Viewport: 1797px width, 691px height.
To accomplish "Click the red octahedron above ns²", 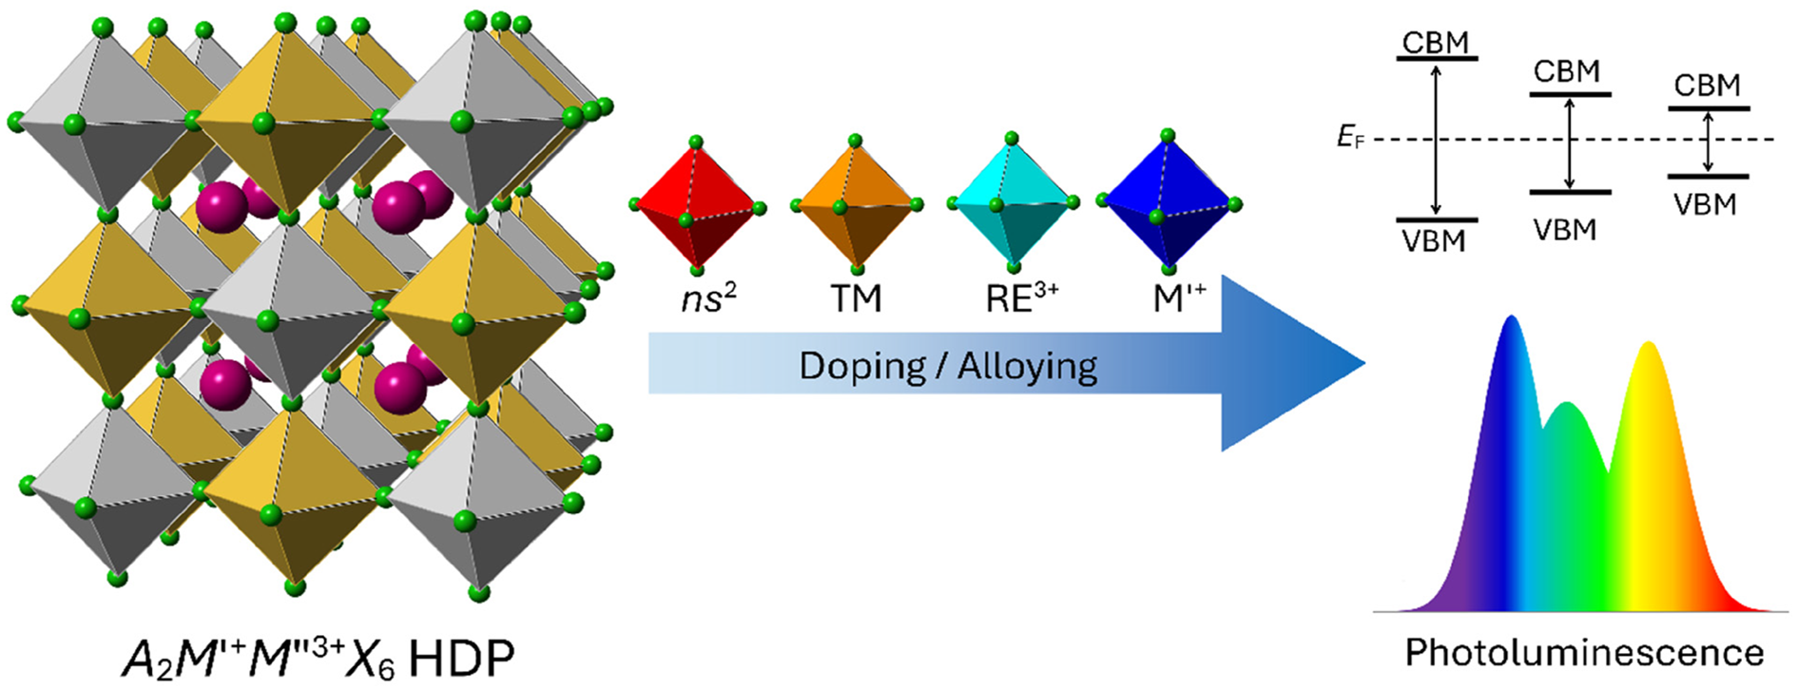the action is pyautogui.click(x=697, y=205).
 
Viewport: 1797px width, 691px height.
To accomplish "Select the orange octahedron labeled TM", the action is pyautogui.click(x=855, y=204).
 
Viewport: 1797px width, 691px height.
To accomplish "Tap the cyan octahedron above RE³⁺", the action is pyautogui.click(x=1014, y=202).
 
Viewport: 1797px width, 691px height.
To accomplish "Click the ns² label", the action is pyautogui.click(x=709, y=298).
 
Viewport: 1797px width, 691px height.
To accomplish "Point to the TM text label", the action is pyautogui.click(x=857, y=299).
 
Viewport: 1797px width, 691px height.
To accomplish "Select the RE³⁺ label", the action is pyautogui.click(x=1021, y=298).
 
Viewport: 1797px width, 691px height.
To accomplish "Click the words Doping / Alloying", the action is pyautogui.click(x=948, y=366).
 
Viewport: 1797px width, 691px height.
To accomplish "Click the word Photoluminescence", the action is pyautogui.click(x=1584, y=653).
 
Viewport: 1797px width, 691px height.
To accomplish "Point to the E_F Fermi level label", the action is pyautogui.click(x=1350, y=138).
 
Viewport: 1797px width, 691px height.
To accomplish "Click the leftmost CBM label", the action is pyautogui.click(x=1436, y=43).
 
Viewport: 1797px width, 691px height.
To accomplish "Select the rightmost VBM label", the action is pyautogui.click(x=1705, y=204).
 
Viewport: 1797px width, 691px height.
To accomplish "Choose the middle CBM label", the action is pyautogui.click(x=1567, y=71).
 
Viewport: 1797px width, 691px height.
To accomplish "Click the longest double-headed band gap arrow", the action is pyautogui.click(x=1436, y=140).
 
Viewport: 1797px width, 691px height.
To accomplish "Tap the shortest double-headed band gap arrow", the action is pyautogui.click(x=1708, y=142).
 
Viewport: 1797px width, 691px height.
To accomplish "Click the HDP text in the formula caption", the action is pyautogui.click(x=460, y=658).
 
